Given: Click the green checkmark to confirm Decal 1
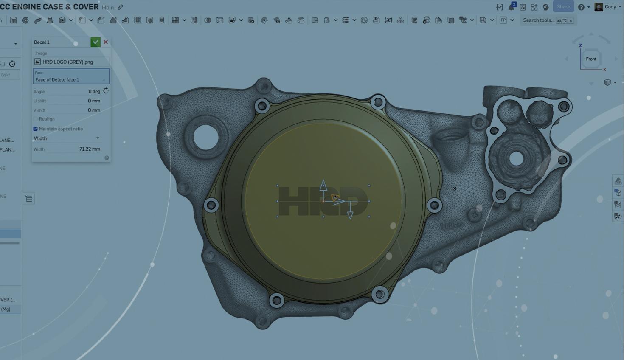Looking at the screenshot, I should (x=95, y=42).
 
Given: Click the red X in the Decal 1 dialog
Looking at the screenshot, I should (x=106, y=42).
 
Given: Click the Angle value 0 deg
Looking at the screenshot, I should (x=94, y=91).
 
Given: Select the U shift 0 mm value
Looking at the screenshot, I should (x=94, y=101).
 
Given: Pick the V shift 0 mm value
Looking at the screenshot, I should (x=94, y=110).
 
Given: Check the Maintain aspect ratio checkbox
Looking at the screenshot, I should (x=36, y=129).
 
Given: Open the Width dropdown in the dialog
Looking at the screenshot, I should (x=67, y=138).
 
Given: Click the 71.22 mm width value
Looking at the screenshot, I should (x=90, y=149).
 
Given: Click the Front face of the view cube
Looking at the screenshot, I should (x=591, y=59).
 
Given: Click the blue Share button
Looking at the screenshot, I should (x=563, y=7).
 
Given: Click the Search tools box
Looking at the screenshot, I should (x=538, y=20).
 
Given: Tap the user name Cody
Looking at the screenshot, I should (x=610, y=7).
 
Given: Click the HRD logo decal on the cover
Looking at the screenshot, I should (x=297, y=202).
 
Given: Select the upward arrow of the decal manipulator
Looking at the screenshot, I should (x=323, y=185).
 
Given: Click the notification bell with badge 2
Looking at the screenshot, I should (x=512, y=7).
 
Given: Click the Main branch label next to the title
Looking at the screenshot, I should (x=108, y=7).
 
